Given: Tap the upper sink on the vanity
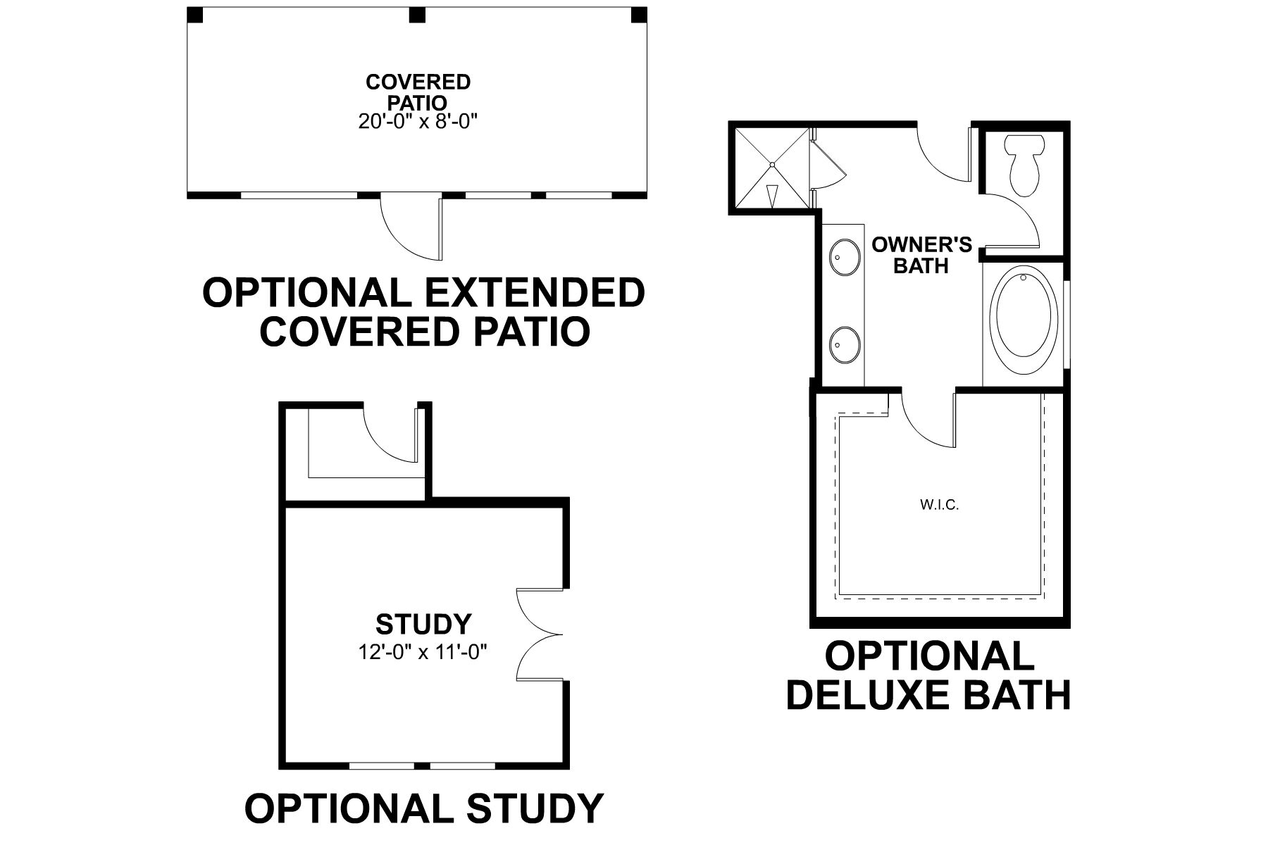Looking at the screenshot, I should [x=844, y=258].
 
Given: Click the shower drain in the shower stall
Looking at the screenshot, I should [x=772, y=165].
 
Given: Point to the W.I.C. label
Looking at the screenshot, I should [x=939, y=505].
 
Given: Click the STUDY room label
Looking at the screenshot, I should [x=423, y=624].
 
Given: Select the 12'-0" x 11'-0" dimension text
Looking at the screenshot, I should [x=423, y=652].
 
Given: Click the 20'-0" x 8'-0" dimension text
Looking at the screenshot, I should [x=418, y=121].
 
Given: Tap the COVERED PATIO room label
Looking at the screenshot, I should [x=418, y=92].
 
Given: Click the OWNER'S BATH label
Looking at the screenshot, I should [x=921, y=255].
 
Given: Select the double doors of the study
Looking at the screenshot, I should [x=539, y=635].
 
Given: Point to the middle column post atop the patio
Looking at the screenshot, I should [x=418, y=15].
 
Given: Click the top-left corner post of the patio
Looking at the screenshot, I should [x=194, y=15].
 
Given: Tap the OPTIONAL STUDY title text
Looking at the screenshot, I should [x=423, y=808].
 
